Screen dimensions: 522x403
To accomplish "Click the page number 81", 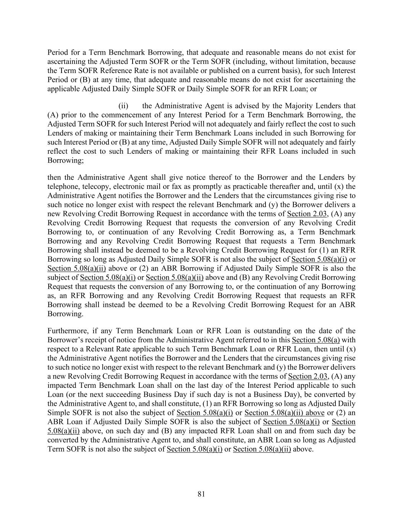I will pos(201,494).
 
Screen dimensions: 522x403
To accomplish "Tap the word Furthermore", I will pos(68,331).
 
